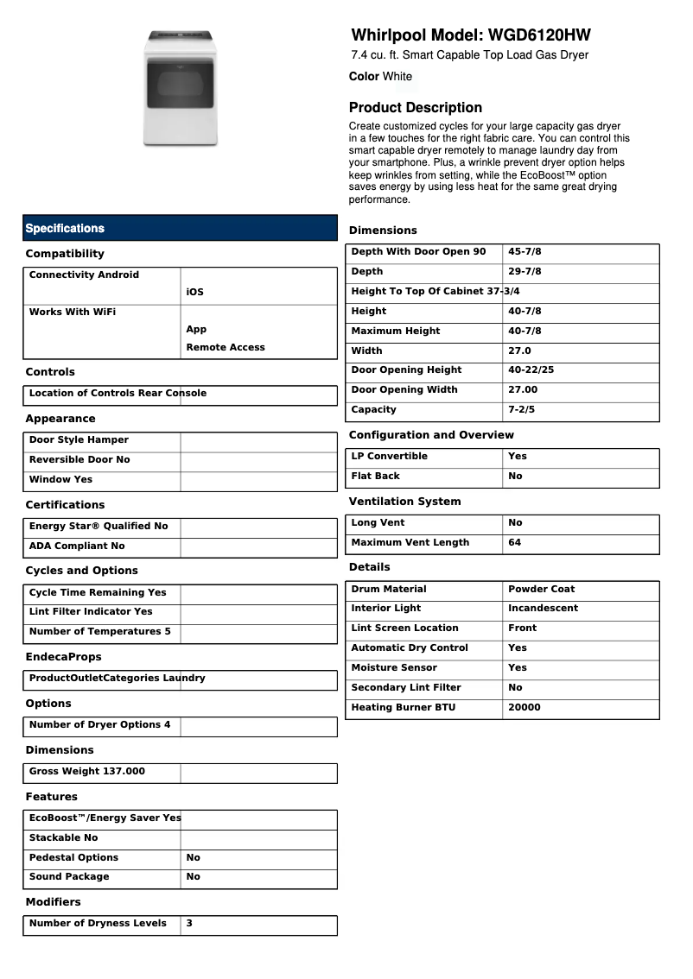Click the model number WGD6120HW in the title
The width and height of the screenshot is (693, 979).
point(539,35)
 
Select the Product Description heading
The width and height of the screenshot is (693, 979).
point(416,108)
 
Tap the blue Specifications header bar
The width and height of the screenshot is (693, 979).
point(180,228)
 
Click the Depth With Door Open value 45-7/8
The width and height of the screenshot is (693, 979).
point(525,252)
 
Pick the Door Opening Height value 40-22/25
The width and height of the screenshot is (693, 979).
point(531,370)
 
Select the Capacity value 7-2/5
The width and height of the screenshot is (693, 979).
point(522,410)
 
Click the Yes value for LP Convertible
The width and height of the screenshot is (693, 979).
point(517,457)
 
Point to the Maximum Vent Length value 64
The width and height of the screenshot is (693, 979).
point(514,543)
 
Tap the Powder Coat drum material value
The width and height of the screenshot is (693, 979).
point(541,590)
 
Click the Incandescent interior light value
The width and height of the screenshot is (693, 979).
point(543,609)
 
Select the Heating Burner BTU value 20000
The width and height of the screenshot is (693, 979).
point(524,708)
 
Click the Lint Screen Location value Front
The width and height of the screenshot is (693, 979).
point(522,628)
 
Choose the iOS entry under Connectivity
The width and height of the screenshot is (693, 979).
point(194,293)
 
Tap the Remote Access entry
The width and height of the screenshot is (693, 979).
point(226,348)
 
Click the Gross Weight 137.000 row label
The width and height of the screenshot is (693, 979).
point(87,772)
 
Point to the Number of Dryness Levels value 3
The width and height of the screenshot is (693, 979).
point(189,924)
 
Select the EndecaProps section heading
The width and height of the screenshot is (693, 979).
point(63,657)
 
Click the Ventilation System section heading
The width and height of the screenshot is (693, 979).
point(404,502)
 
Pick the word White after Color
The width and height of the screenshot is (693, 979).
point(397,77)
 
